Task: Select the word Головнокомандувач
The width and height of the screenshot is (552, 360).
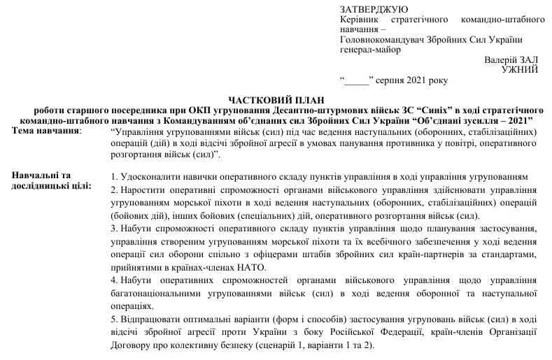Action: (381, 40)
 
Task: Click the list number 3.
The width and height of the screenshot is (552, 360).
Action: (114, 228)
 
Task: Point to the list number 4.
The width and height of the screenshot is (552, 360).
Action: (114, 280)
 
